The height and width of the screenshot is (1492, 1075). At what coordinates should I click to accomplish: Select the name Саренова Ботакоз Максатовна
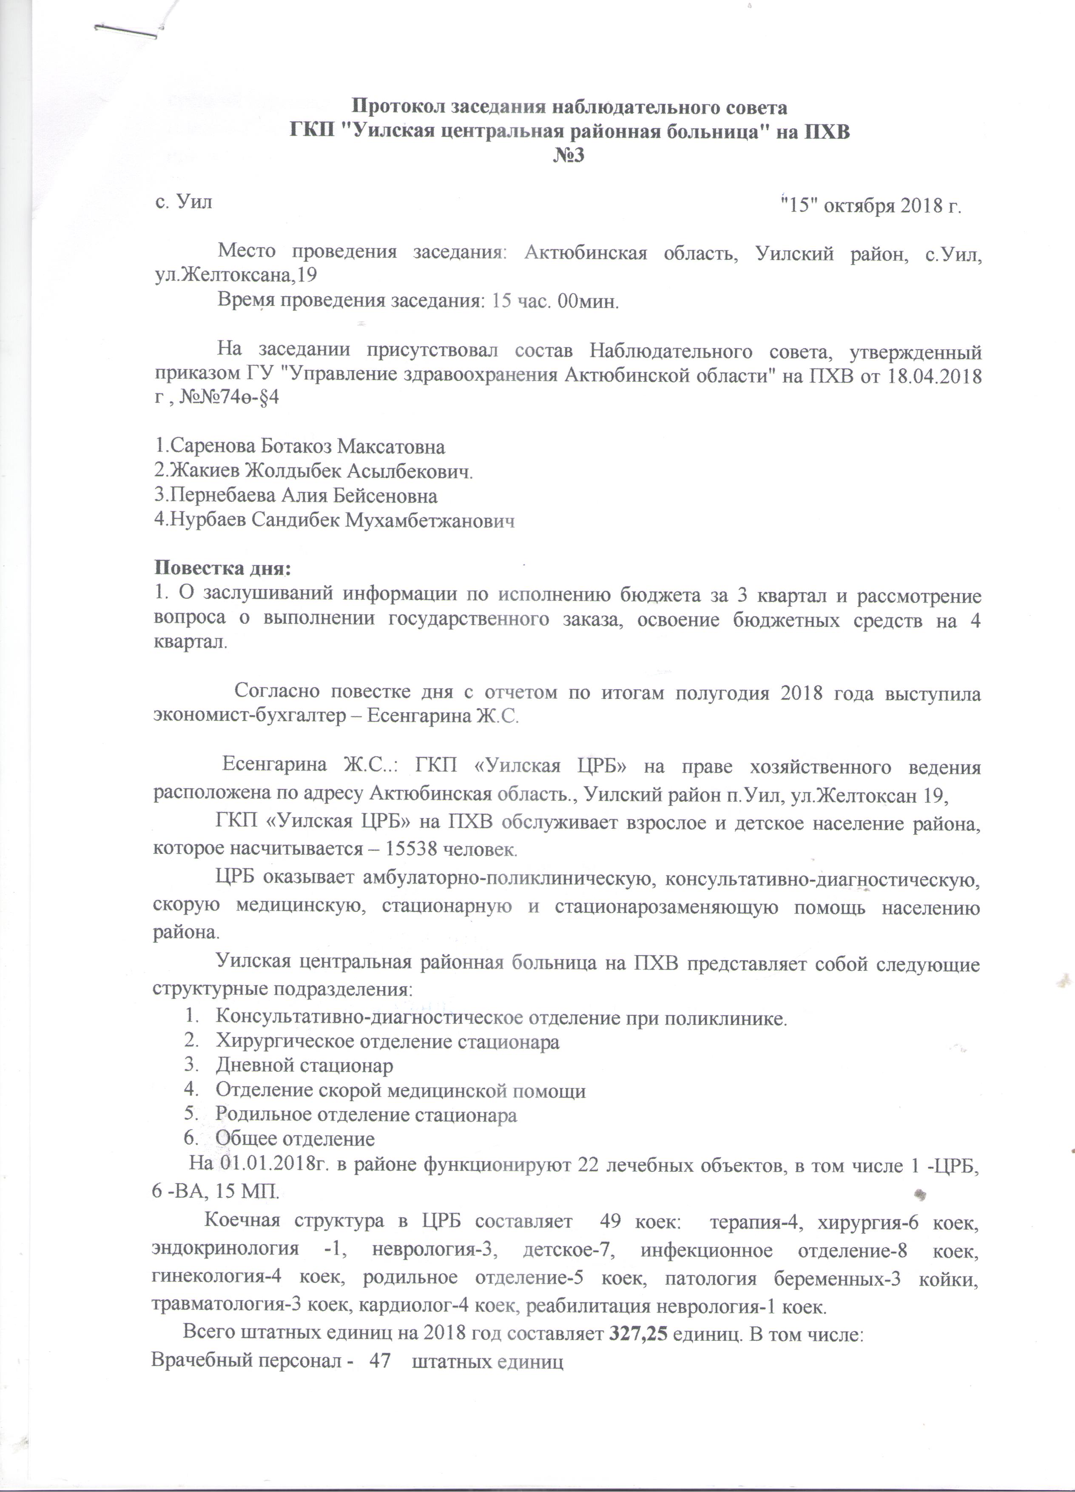click(x=300, y=447)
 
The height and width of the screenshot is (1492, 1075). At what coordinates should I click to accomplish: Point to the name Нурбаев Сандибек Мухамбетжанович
click(x=334, y=520)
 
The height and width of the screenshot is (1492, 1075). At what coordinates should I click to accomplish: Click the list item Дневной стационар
click(x=304, y=1065)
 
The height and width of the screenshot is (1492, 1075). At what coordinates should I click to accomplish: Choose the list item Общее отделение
click(x=295, y=1139)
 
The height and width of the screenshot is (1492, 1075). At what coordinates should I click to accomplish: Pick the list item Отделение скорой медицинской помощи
click(x=401, y=1090)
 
